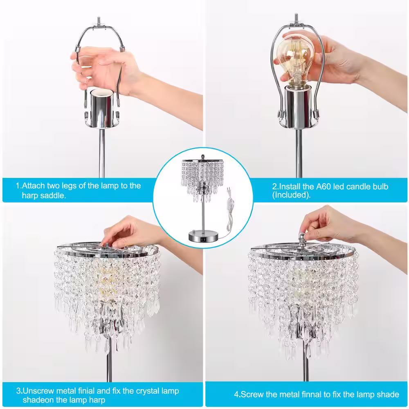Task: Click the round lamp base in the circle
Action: (x=203, y=236)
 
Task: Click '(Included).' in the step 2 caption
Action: (x=291, y=195)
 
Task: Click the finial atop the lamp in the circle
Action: (x=203, y=157)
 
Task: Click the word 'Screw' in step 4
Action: (x=252, y=394)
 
